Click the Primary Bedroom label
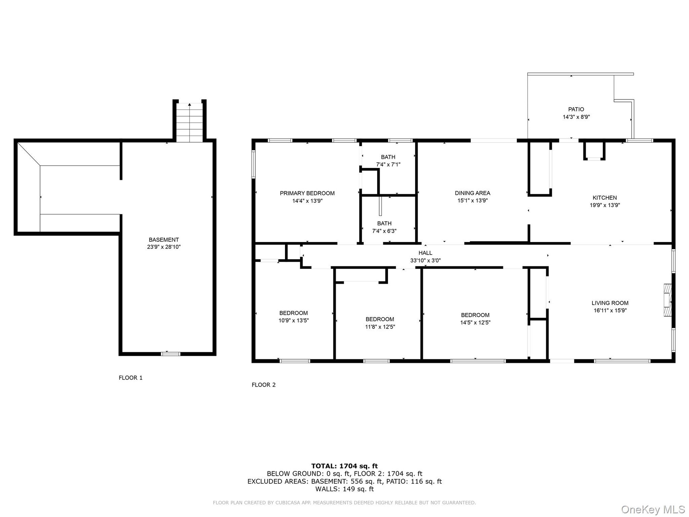click(307, 193)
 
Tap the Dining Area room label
click(472, 193)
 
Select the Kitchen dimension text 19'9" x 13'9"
click(605, 205)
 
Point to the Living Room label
click(610, 303)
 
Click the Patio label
click(576, 109)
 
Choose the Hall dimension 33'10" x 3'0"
click(425, 261)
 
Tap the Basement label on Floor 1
click(164, 239)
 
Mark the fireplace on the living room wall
click(667, 300)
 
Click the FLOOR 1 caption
click(131, 378)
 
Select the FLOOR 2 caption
click(263, 385)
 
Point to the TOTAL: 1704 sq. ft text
click(344, 466)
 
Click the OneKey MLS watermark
click(653, 509)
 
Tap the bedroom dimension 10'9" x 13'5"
click(294, 321)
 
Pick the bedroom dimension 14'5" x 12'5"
click(475, 322)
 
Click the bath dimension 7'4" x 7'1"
click(388, 164)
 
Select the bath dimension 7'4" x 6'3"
click(384, 231)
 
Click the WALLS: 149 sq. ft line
click(344, 489)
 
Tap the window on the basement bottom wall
click(170, 354)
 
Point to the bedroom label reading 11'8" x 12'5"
click(380, 327)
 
